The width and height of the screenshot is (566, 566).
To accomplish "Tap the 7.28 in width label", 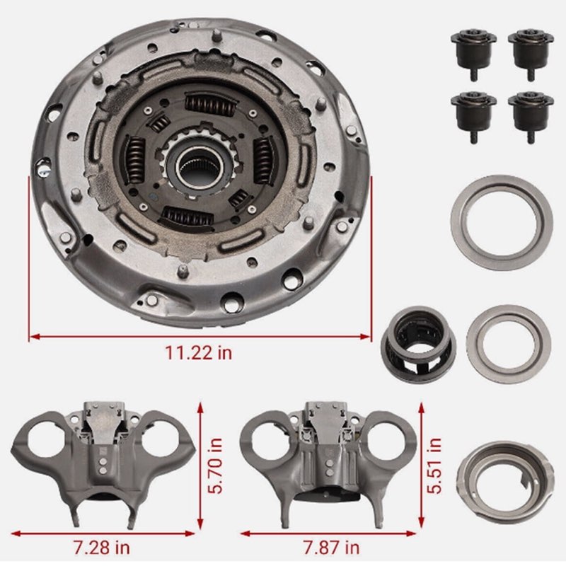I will click(x=101, y=546).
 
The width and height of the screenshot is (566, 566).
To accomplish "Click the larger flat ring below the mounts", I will click(x=501, y=222).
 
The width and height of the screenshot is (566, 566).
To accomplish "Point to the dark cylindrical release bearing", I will click(x=417, y=343).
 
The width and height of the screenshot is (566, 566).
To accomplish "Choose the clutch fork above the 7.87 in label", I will click(x=326, y=456).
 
